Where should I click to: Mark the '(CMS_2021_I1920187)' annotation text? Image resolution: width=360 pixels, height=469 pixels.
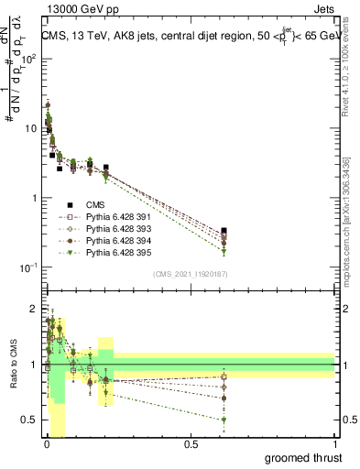point(190,273)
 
